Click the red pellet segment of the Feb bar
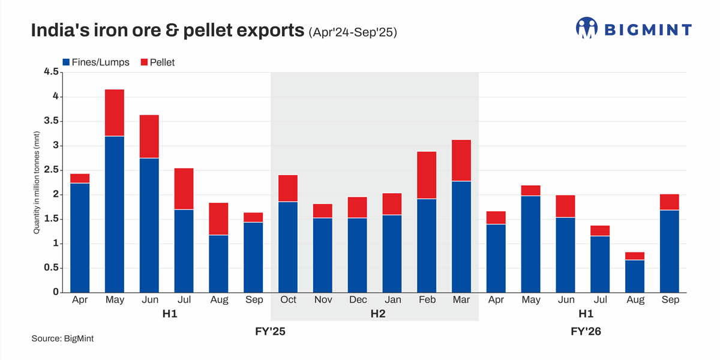(x=427, y=175)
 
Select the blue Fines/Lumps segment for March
(x=461, y=237)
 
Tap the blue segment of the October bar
(x=289, y=247)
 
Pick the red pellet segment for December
(x=358, y=208)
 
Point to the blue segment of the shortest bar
(x=635, y=276)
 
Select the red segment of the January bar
(x=392, y=204)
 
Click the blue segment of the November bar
(x=323, y=255)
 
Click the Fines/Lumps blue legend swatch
(x=66, y=62)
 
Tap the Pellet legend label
(x=162, y=62)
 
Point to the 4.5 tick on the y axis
(x=51, y=72)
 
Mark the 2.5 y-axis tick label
(x=51, y=170)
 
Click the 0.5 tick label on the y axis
(x=51, y=268)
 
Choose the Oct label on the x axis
(x=289, y=300)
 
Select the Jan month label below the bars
(x=392, y=300)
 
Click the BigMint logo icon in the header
(x=587, y=28)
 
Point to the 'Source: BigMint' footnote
(x=62, y=339)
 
